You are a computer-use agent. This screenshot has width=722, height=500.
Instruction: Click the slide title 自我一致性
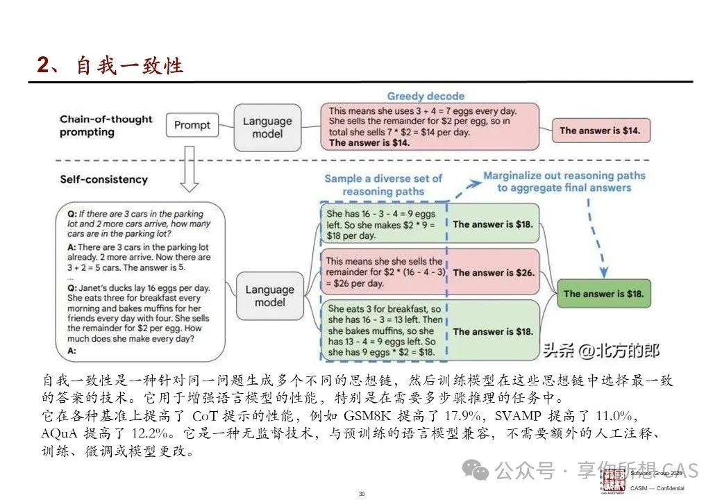point(129,65)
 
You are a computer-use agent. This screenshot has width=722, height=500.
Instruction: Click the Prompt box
point(192,125)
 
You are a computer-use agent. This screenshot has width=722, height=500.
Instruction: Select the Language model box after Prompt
point(267,126)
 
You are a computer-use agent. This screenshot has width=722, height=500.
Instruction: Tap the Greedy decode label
point(426,96)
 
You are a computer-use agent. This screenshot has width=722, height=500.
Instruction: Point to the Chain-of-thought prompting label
point(106,126)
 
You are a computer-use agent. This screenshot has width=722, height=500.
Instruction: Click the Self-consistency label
point(104,179)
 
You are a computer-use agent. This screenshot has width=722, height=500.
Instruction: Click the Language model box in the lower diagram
point(270,296)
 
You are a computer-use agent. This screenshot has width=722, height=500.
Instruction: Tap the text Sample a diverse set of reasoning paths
point(383,184)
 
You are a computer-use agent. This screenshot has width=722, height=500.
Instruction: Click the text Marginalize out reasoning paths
point(564,176)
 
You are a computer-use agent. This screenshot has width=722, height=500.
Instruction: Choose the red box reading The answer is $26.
point(494,273)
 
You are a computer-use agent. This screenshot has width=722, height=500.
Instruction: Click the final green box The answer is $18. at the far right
point(604,294)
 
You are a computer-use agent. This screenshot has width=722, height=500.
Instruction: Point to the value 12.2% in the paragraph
point(143,433)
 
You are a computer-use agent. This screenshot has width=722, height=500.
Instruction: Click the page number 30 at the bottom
point(361,493)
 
